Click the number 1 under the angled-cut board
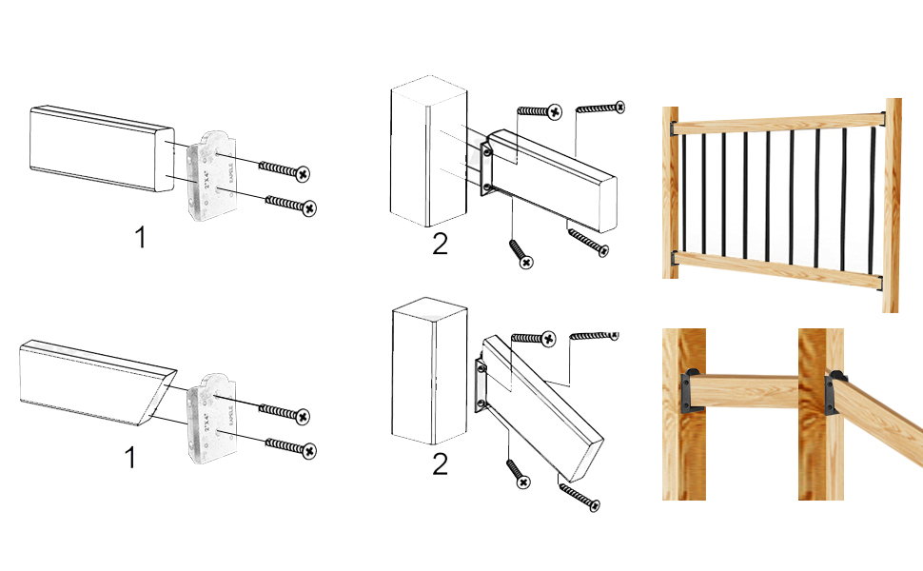pyautogui.click(x=130, y=458)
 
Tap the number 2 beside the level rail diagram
pyautogui.click(x=439, y=244)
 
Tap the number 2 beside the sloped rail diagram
pyautogui.click(x=439, y=465)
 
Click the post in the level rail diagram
pyautogui.click(x=428, y=152)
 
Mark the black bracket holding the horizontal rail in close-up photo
pyautogui.click(x=692, y=390)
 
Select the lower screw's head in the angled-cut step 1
pyautogui.click(x=307, y=449)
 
